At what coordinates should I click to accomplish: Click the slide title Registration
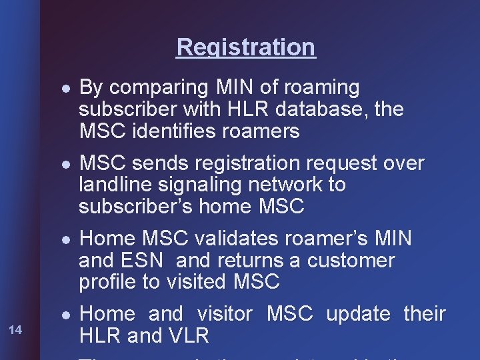(x=245, y=47)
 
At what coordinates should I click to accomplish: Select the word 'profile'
(x=107, y=282)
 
